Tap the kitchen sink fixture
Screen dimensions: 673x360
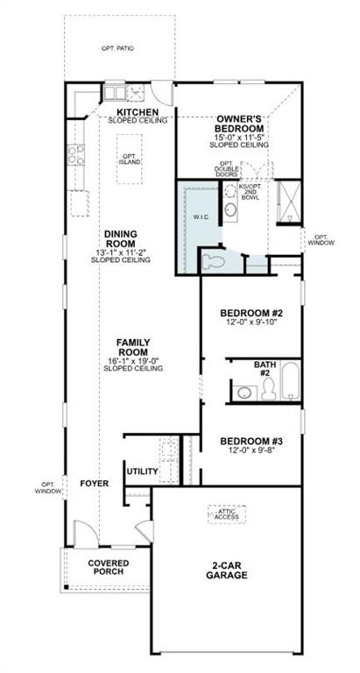coord(116,90)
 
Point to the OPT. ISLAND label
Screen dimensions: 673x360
coord(131,159)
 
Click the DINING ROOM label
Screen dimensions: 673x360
coord(120,238)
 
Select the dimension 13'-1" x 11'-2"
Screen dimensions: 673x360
coord(120,251)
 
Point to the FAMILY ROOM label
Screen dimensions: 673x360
coord(118,348)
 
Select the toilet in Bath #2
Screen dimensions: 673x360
coord(267,386)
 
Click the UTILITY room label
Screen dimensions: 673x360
coord(143,471)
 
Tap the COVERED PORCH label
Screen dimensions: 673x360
coord(104,567)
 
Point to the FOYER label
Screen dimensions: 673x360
coord(94,484)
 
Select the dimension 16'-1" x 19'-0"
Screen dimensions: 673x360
coord(118,360)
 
